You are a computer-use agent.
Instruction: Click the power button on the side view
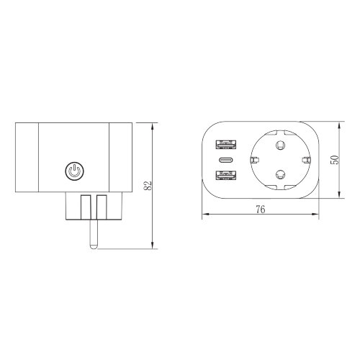tap(74, 171)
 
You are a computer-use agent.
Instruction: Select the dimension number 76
tap(261, 210)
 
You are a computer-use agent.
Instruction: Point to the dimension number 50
tap(333, 159)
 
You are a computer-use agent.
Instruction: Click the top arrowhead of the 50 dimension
tap(341, 123)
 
